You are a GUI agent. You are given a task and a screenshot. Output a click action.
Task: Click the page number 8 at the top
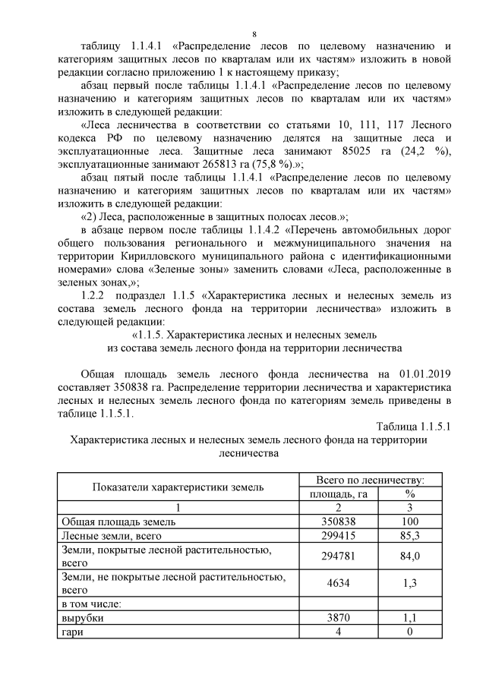(x=254, y=35)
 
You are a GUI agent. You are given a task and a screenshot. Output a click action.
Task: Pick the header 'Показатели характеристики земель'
(x=178, y=487)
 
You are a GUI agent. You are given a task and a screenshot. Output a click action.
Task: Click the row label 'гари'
(x=71, y=632)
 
